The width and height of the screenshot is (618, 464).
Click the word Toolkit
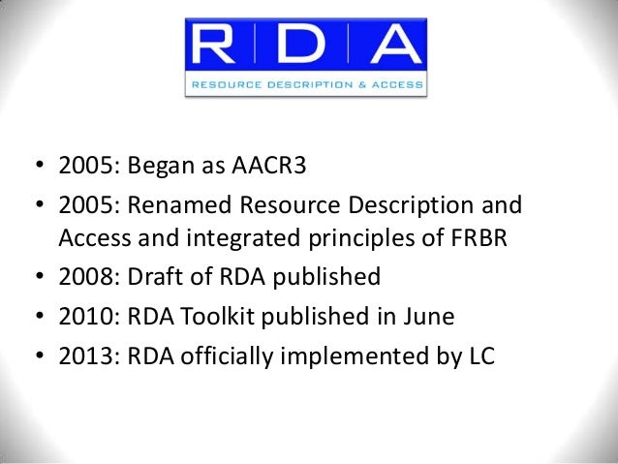pyautogui.click(x=211, y=318)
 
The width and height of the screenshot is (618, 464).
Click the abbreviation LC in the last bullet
pyautogui.click(x=479, y=356)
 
